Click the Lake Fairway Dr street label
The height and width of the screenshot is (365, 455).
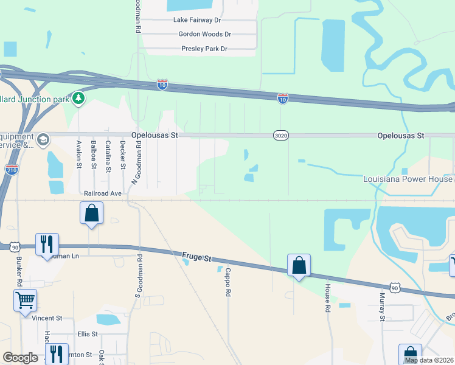(x=195, y=20)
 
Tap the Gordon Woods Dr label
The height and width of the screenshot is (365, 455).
(x=204, y=34)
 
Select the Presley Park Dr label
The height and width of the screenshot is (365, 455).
(x=204, y=49)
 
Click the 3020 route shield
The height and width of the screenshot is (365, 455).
(x=280, y=136)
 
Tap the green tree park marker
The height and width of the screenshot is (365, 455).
(x=78, y=98)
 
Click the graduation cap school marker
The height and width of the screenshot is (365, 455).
(x=43, y=141)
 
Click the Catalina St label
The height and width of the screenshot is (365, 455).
(x=108, y=156)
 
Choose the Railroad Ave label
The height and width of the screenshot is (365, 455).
(x=103, y=193)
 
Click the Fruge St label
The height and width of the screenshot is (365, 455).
(x=196, y=257)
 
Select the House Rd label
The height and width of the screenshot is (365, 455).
(x=327, y=298)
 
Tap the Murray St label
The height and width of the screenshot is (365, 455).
(x=382, y=306)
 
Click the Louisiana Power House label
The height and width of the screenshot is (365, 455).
(x=408, y=179)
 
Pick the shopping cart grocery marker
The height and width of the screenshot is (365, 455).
(x=25, y=299)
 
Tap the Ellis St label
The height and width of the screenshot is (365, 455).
(x=88, y=334)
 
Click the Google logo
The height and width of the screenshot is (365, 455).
(x=20, y=358)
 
